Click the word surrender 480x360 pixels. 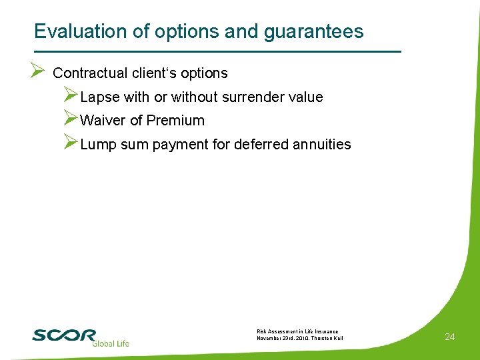coord(251,97)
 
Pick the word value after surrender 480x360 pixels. coord(305,97)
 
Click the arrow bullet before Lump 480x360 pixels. coord(71,143)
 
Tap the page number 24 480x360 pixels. coord(449,337)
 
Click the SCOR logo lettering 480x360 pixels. coord(64,335)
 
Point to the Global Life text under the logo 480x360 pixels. coord(110,343)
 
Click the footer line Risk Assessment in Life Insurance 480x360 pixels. coord(297,331)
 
